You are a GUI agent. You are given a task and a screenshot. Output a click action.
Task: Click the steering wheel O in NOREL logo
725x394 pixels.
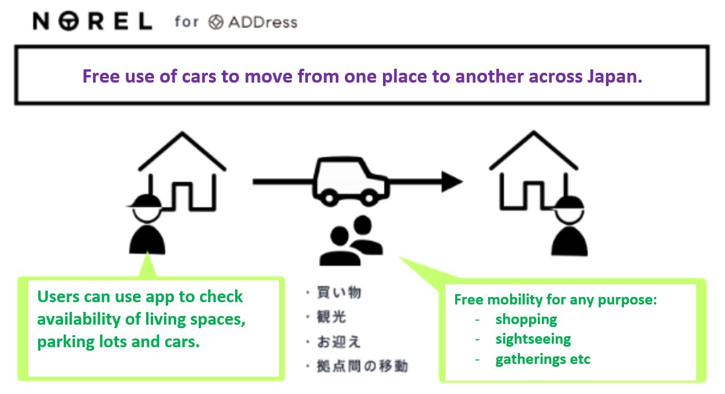(69, 21)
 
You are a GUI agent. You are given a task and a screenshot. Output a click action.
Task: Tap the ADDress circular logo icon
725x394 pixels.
(216, 22)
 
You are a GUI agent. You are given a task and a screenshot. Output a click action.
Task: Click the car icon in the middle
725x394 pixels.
(351, 181)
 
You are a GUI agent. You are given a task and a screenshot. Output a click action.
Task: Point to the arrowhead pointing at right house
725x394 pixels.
(452, 181)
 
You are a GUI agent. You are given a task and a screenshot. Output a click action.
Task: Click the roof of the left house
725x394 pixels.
(182, 151)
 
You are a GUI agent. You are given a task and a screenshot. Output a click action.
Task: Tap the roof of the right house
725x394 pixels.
(533, 150)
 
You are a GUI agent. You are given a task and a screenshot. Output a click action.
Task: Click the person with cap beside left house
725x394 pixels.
(147, 224)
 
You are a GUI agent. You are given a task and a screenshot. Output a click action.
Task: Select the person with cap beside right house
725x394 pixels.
(570, 226)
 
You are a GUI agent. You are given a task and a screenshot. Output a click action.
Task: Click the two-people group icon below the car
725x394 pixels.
(351, 240)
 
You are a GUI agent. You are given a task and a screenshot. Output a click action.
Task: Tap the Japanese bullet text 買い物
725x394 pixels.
(339, 292)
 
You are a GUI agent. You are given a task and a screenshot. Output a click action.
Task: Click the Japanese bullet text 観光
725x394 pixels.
(332, 317)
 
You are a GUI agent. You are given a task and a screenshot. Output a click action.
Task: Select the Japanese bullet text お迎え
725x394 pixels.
(339, 341)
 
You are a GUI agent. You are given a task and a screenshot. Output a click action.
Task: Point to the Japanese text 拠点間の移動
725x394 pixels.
(362, 366)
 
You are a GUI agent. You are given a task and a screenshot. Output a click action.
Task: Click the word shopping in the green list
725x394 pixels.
(526, 320)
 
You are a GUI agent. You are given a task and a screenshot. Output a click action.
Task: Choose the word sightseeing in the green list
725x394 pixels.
(533, 340)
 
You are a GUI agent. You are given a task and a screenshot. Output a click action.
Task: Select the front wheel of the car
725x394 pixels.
(369, 198)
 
